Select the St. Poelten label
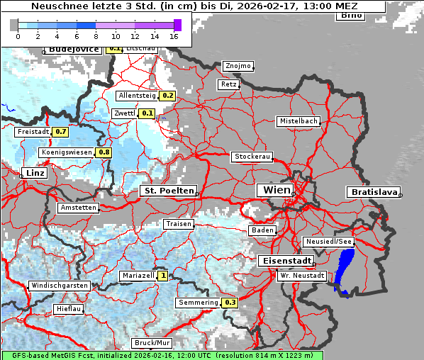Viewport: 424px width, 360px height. click(x=168, y=191)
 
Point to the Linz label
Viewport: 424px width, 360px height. click(x=33, y=173)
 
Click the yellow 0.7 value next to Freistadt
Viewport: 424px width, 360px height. click(x=61, y=132)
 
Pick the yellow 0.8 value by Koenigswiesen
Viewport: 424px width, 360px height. click(x=104, y=152)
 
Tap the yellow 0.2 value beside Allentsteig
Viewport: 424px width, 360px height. click(x=168, y=96)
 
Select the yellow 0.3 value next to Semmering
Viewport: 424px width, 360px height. click(x=230, y=303)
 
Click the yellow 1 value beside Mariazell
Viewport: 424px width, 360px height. click(x=163, y=276)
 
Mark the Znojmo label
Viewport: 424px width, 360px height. click(x=238, y=66)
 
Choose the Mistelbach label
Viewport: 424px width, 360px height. click(x=299, y=121)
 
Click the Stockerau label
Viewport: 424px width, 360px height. click(x=252, y=157)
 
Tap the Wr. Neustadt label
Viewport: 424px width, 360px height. click(x=302, y=275)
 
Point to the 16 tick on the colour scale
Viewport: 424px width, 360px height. click(x=174, y=35)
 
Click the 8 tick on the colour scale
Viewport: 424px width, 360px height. click(x=96, y=35)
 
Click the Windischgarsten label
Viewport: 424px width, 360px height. click(x=60, y=286)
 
